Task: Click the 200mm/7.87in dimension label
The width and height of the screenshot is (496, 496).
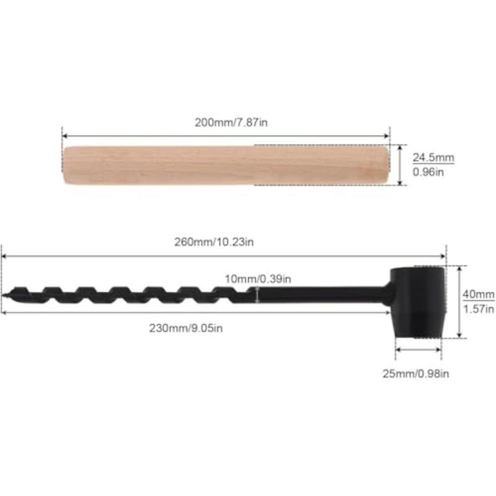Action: pos(231,122)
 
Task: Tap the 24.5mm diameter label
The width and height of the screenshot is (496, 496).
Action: pos(433,157)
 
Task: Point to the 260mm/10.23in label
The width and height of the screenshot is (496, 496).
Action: pos(214,242)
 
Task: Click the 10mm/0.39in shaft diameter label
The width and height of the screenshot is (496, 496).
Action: pos(258,279)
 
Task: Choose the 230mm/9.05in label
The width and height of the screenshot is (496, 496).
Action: pos(186,328)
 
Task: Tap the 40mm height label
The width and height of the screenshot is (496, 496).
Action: pos(479,294)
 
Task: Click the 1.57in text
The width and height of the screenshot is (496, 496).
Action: pos(479,309)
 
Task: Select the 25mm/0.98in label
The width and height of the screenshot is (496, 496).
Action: pos(415,374)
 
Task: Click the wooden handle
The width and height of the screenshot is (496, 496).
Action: pos(226,165)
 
